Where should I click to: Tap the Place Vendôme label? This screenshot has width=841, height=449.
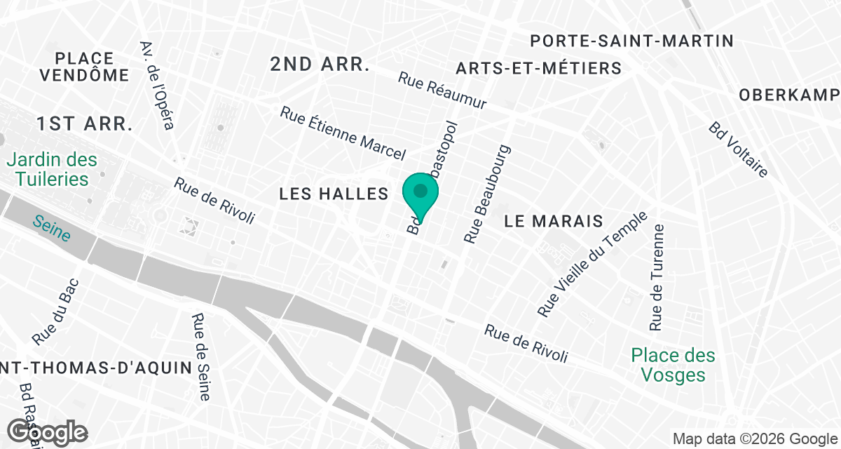(85, 67)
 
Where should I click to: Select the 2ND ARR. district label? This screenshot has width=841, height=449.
(320, 65)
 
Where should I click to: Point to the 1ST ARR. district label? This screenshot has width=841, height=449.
(85, 124)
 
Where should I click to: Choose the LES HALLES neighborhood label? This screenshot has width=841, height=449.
(334, 194)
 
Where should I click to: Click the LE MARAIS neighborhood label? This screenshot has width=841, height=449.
(554, 221)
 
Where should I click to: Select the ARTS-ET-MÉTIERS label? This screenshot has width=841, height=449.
(538, 68)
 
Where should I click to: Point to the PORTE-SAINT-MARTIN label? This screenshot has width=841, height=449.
(631, 41)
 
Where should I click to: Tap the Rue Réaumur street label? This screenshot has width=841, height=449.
(442, 91)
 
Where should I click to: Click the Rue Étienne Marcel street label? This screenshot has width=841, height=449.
(343, 133)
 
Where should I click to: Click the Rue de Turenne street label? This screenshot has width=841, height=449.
(657, 278)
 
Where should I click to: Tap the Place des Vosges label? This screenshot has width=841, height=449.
(674, 365)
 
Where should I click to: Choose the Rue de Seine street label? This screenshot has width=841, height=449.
(200, 356)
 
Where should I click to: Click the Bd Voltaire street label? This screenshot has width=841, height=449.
(739, 149)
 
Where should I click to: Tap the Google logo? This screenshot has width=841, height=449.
(48, 433)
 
